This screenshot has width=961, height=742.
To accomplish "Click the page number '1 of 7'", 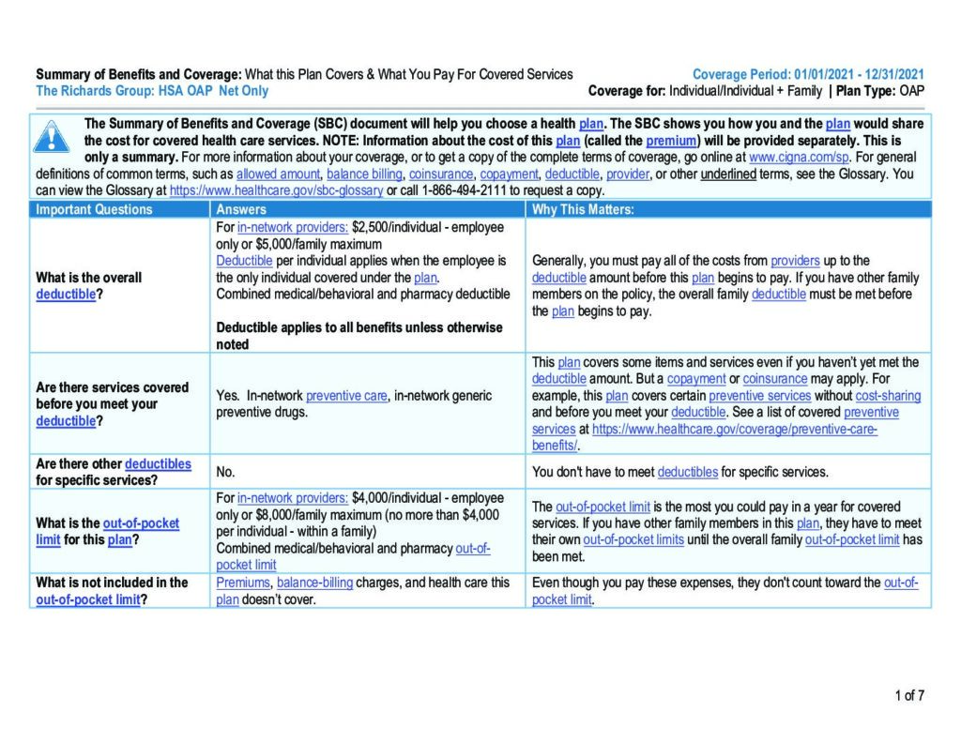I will [908, 695].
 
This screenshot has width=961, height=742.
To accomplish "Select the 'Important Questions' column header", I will [94, 209].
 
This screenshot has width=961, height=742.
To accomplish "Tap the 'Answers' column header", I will [241, 209].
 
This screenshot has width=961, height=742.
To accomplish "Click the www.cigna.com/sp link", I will [799, 158].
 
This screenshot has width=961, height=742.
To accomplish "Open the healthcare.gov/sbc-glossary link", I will [276, 190].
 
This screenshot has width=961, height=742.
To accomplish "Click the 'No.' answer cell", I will [225, 472].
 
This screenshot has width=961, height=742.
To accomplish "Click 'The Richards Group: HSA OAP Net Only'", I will [152, 91].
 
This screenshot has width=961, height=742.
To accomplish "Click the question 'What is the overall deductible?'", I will [89, 286].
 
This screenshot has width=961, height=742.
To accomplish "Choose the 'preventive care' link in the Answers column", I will [346, 396].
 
